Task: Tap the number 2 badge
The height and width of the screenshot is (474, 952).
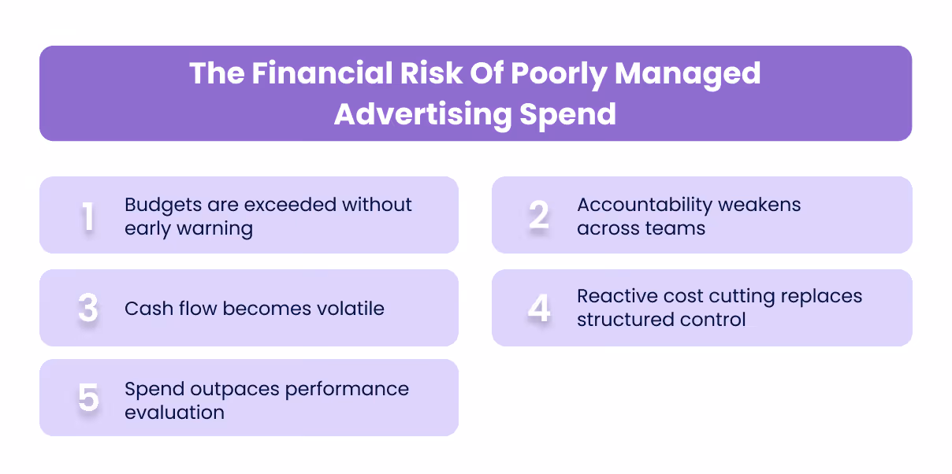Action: coord(539,217)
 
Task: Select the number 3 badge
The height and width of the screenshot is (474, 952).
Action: coord(88,309)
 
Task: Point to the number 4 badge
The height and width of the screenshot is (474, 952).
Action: coord(539,309)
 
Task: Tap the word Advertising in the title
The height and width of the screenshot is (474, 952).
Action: coord(422,114)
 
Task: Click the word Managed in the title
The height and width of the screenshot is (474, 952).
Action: coord(687,73)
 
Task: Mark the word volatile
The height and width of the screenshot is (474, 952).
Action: coord(347,308)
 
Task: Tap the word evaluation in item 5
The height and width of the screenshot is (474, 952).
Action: coord(174,413)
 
